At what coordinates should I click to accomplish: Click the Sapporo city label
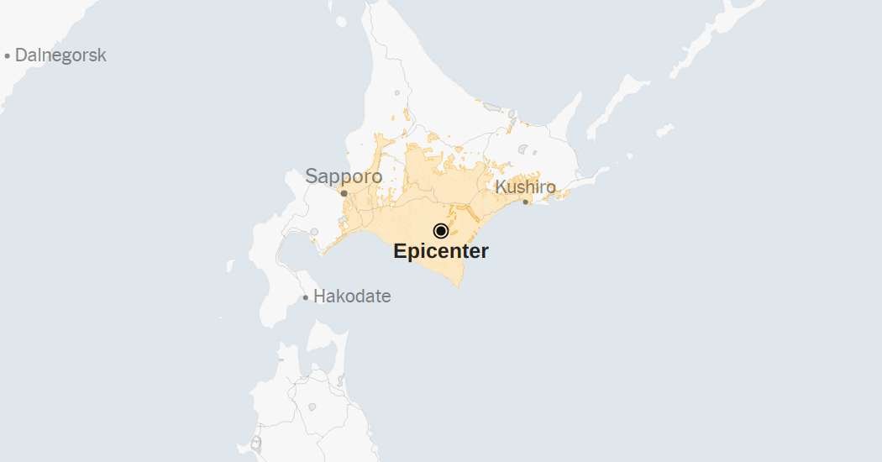[344, 176]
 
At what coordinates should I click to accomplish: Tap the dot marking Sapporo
[344, 193]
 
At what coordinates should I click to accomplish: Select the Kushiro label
[525, 186]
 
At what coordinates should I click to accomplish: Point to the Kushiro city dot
[526, 202]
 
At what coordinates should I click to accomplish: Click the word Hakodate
[352, 297]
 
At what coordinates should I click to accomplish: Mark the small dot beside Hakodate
[306, 297]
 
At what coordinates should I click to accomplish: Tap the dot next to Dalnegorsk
[8, 56]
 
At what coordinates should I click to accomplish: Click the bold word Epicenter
[441, 250]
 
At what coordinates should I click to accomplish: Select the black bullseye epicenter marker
[441, 231]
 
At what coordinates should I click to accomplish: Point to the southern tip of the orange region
[459, 286]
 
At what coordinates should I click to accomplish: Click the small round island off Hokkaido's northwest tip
[341, 22]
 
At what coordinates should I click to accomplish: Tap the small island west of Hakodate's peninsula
[230, 265]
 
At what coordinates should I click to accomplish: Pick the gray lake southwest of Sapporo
[314, 232]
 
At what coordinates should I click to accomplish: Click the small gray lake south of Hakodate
[312, 407]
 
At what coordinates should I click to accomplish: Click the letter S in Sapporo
[312, 176]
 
